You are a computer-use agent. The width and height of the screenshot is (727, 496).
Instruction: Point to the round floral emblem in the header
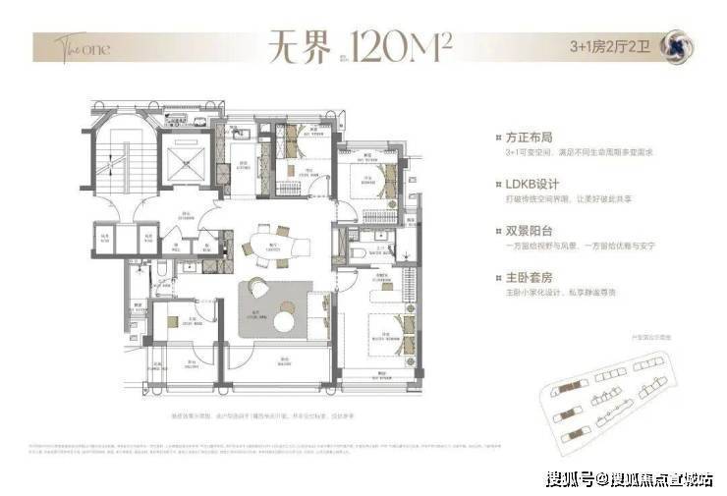676,46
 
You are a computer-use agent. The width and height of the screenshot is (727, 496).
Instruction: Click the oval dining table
265,242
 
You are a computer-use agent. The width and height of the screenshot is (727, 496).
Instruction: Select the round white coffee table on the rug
285,320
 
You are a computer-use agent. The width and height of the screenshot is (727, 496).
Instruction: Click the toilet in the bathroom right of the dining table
360,251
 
